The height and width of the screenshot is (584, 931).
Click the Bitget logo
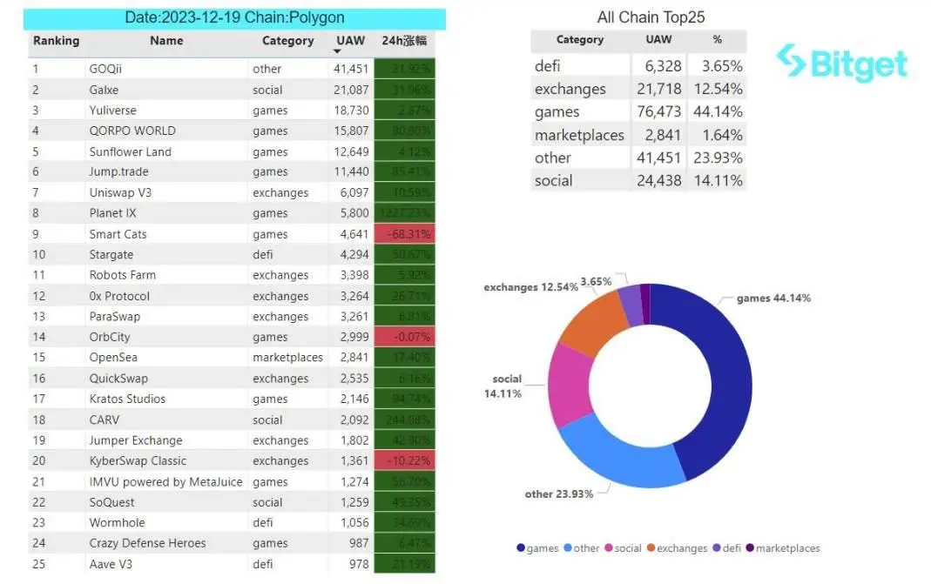click(x=841, y=64)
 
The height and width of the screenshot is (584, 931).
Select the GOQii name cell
click(x=105, y=69)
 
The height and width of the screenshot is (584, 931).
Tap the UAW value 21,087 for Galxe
click(x=351, y=90)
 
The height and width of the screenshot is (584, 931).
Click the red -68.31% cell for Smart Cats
click(x=403, y=234)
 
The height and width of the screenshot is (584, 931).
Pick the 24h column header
click(x=403, y=41)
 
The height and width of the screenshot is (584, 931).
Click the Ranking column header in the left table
click(x=56, y=41)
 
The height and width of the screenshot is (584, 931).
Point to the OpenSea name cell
click(x=113, y=358)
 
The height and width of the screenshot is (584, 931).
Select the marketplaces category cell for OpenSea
click(x=287, y=358)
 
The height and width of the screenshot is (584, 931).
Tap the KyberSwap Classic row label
click(x=138, y=461)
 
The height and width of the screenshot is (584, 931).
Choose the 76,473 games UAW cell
click(x=658, y=112)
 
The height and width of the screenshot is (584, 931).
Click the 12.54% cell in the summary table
click(x=716, y=90)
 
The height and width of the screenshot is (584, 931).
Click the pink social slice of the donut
click(x=569, y=387)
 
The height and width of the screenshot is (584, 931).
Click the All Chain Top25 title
click(x=651, y=17)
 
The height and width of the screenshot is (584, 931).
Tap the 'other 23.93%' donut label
click(x=558, y=494)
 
